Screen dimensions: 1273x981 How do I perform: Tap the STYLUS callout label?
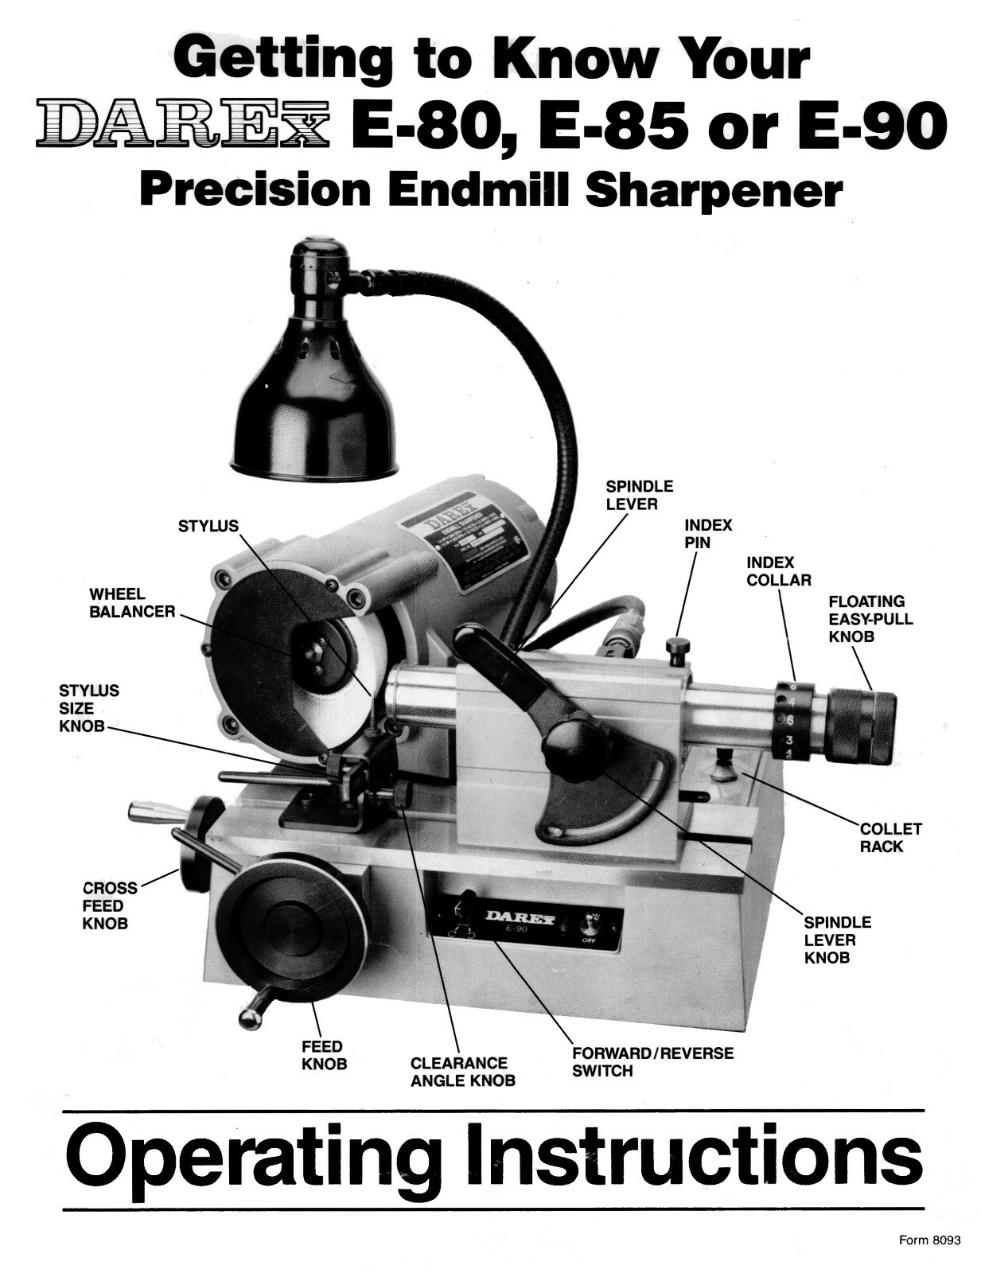[208, 526]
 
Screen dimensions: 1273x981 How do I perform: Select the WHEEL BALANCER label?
[132, 603]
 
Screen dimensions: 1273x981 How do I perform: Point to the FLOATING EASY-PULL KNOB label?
[870, 619]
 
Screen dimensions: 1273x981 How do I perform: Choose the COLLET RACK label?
[890, 838]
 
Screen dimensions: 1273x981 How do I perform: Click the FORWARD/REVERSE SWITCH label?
[652, 1062]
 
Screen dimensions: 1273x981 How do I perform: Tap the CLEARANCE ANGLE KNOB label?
[461, 1072]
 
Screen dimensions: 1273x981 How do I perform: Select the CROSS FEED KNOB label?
[109, 905]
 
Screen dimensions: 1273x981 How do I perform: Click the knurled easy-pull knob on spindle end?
[861, 727]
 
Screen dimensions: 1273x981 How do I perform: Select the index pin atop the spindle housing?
[677, 649]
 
